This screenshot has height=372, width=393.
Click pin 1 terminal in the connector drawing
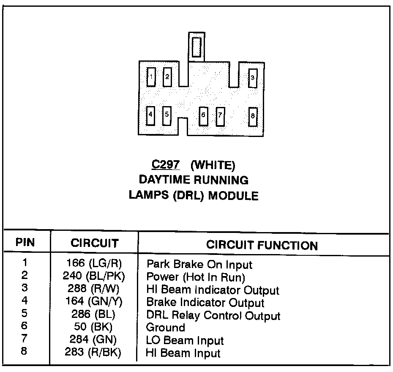click(151, 77)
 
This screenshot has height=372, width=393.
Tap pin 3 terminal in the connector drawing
click(253, 78)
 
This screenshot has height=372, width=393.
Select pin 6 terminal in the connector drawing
click(203, 115)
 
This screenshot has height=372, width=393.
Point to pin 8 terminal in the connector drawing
click(253, 116)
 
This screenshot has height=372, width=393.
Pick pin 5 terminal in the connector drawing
click(166, 115)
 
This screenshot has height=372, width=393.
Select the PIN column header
click(25, 243)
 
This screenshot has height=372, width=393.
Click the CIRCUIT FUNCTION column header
click(262, 245)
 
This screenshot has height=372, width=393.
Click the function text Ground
click(165, 328)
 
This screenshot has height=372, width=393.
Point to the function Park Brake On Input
click(199, 265)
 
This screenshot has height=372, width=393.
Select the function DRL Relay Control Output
click(213, 315)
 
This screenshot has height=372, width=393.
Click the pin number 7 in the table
click(25, 339)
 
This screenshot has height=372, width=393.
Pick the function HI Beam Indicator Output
click(213, 290)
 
